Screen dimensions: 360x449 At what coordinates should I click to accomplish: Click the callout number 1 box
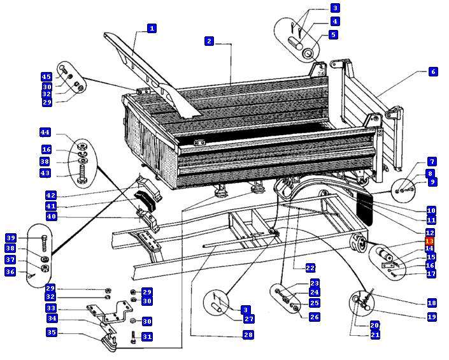152,28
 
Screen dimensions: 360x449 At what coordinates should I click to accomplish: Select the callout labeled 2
209,41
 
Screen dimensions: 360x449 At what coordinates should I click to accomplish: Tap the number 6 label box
432,72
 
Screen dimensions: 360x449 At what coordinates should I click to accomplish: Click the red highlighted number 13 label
430,241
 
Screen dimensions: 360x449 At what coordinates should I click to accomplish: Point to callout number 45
46,77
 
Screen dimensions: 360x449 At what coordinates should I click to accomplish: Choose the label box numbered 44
45,132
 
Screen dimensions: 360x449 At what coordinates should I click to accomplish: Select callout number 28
248,335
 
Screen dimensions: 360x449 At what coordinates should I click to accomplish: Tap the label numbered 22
311,268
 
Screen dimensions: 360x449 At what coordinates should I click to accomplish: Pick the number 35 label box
52,332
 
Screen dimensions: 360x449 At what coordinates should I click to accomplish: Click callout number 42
50,194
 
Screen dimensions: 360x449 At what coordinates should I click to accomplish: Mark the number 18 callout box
431,303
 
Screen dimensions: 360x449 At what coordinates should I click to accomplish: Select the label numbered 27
248,319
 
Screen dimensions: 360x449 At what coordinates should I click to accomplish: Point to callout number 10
431,210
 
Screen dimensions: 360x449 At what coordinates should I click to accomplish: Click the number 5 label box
334,34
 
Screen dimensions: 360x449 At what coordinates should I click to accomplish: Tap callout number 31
148,336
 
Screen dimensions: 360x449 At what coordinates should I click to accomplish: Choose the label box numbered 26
315,316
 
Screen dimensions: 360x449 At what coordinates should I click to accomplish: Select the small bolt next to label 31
132,336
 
